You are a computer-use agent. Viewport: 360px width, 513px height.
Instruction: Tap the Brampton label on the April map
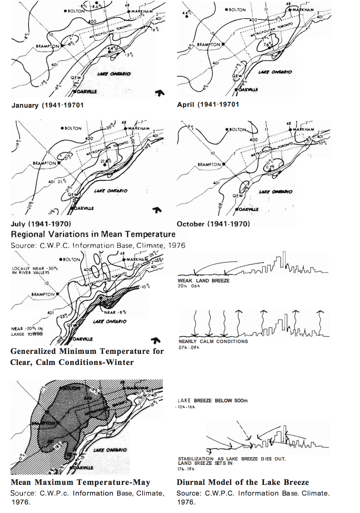tap(209, 44)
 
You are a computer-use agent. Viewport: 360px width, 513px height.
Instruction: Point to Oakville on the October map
tap(249, 209)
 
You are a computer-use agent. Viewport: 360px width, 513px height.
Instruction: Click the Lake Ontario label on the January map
tap(114, 74)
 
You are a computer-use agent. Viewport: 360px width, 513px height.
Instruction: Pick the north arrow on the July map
tap(157, 210)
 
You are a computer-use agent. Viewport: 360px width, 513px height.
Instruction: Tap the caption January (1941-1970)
tap(47, 105)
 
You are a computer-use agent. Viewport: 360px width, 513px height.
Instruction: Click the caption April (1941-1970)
tap(208, 104)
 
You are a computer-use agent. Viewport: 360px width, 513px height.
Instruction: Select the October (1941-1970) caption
tap(213, 224)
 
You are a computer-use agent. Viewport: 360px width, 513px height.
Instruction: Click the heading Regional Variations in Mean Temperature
tap(93, 234)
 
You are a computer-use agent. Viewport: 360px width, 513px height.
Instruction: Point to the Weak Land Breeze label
tap(203, 281)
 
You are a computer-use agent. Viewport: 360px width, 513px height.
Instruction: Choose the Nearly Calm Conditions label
tap(213, 341)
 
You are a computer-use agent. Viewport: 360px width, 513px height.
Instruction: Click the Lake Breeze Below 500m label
tap(213, 400)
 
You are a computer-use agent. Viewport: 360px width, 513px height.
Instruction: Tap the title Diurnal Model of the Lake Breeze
tap(243, 482)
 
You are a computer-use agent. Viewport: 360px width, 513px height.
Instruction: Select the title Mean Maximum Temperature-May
tap(80, 482)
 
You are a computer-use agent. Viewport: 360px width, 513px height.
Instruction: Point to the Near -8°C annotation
tap(115, 312)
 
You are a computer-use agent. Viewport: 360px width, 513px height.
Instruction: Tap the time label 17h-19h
tap(186, 469)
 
